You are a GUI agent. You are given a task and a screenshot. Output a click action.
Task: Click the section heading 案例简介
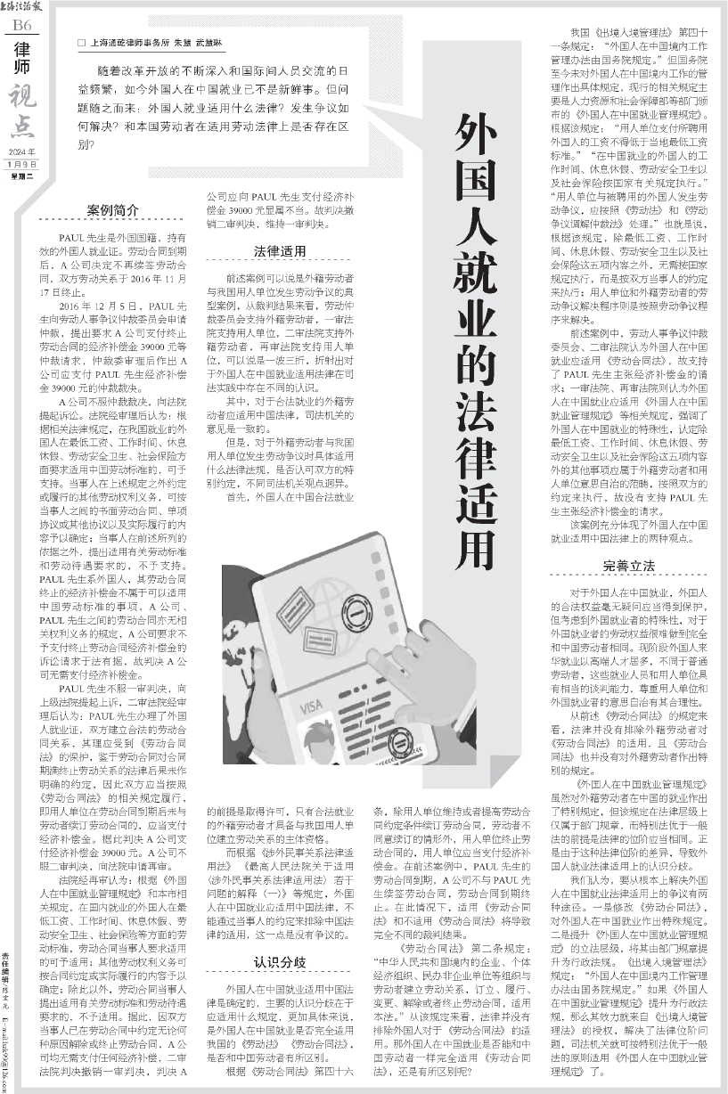[112, 210]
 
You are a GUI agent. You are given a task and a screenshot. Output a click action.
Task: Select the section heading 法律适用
[280, 251]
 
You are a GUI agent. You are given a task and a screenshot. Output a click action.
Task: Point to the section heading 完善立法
[629, 566]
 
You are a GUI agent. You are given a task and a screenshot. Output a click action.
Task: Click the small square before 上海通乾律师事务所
[81, 43]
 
